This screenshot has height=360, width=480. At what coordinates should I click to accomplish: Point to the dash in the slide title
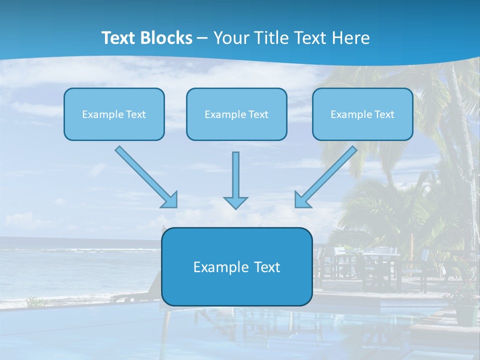[x=202, y=38]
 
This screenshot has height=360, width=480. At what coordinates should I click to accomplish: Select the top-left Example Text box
[x=114, y=114]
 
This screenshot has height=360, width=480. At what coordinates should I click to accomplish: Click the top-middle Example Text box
[x=236, y=114]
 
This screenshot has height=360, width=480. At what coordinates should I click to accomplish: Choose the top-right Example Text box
[x=362, y=114]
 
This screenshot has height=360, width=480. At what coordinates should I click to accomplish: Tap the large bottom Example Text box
[x=236, y=267]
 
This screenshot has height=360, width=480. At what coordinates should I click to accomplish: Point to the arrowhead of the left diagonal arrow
[x=170, y=199]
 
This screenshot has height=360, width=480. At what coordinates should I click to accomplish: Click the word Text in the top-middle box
[x=258, y=114]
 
